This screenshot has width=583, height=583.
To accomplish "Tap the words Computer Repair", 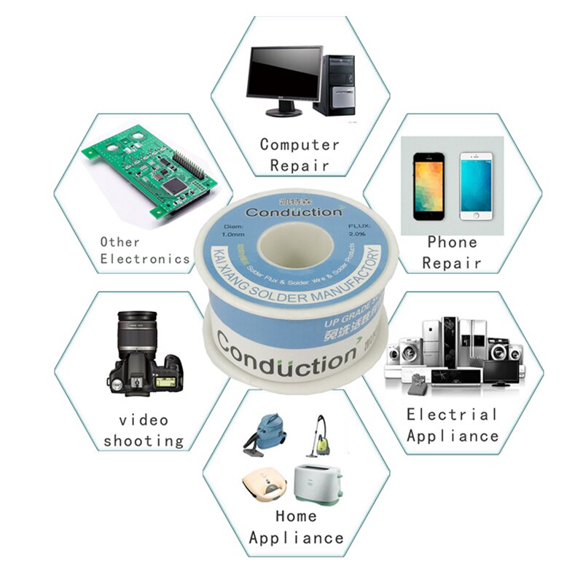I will pos(300,154).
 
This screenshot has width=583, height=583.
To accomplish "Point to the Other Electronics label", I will pos(144,250).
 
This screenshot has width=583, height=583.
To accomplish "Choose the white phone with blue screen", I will pos(477,186).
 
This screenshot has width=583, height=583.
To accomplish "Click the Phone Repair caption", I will pos(452,252).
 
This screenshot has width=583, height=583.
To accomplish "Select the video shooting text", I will pos(144,430).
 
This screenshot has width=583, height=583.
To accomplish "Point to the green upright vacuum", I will pos(318,436).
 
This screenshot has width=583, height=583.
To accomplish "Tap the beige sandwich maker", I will pos(263,487).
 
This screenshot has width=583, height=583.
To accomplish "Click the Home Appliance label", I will pos(296,527).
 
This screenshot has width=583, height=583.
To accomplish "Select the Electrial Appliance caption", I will pos(453,425).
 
